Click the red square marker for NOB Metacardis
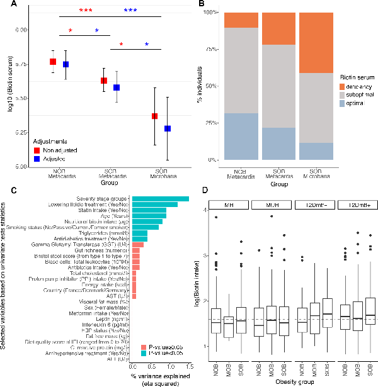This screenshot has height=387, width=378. click(54, 62)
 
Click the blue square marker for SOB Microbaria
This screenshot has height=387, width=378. click(168, 128)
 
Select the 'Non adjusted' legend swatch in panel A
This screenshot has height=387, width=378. click(37, 151)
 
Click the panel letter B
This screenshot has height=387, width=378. click(200, 6)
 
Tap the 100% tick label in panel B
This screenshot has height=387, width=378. click(210, 13)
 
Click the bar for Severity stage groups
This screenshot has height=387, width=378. click(161, 199)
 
